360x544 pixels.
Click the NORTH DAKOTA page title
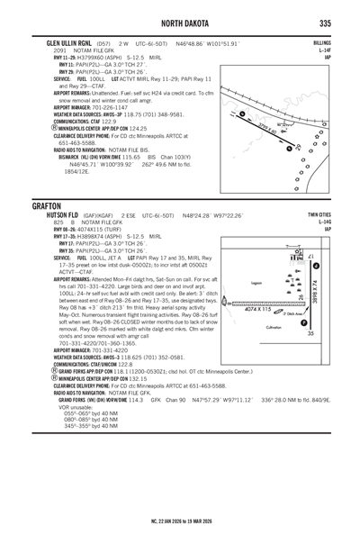click(x=179, y=23)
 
